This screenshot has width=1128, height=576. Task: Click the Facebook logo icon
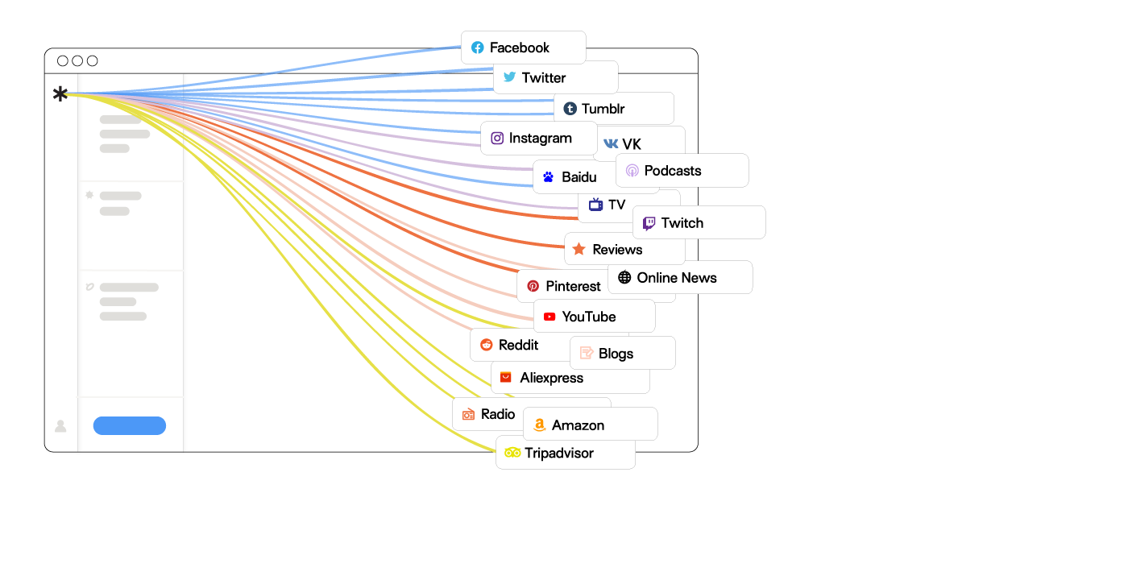[x=478, y=48]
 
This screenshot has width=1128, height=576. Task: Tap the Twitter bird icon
[x=510, y=77]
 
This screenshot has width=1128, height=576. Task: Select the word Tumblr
[x=603, y=109]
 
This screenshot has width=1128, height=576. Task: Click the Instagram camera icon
[x=497, y=139]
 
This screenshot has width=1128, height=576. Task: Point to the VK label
[x=632, y=144]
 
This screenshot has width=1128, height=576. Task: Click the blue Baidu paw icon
[x=548, y=177]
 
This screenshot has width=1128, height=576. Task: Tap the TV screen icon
[x=595, y=205]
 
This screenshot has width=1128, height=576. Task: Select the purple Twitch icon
[x=649, y=223]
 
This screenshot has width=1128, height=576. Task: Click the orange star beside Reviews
[x=579, y=250]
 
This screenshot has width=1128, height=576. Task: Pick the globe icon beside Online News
[x=624, y=278]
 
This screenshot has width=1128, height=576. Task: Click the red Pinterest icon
[x=533, y=286]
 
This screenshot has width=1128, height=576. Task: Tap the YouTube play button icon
[x=549, y=317]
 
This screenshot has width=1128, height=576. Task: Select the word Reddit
[x=518, y=345]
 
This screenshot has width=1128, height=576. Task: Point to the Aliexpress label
[x=551, y=378]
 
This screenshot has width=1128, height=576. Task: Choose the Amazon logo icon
[x=539, y=425]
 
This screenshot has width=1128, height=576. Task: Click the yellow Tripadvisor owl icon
[x=512, y=453]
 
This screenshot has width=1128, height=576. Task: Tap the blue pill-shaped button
[x=130, y=425]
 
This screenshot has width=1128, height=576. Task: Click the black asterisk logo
[x=60, y=94]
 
